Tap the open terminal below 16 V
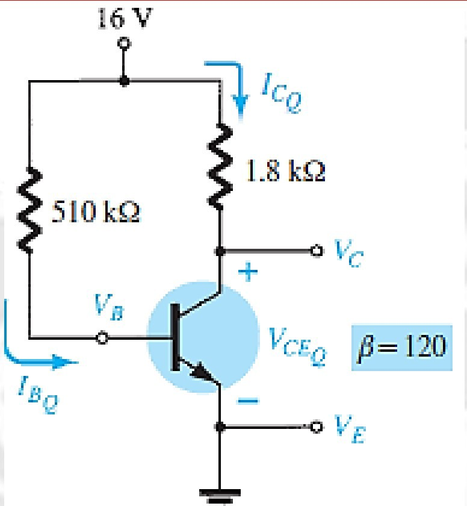(x=124, y=44)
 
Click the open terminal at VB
(x=103, y=339)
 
